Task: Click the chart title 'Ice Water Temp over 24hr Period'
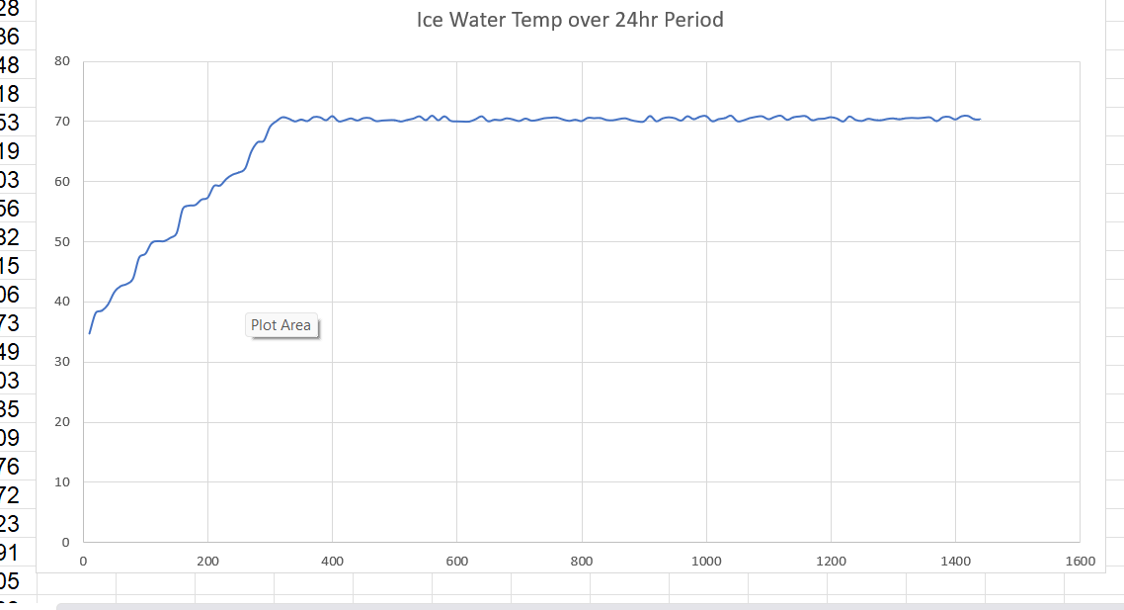570,20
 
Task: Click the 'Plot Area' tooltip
281,325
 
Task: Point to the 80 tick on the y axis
63,61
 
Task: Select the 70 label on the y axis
63,122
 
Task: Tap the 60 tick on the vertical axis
63,182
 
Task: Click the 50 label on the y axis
63,242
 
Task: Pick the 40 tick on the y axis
63,303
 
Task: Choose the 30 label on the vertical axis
63,363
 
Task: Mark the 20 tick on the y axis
63,423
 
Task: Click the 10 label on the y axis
63,482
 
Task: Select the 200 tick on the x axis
207,562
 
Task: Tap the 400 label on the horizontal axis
332,562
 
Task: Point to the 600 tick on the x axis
456,562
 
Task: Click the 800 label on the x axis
582,562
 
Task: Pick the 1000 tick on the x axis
706,562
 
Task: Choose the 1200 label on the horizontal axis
831,562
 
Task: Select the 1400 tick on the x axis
955,562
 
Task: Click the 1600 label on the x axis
1080,562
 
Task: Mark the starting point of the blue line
90,333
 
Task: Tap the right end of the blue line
980,119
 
